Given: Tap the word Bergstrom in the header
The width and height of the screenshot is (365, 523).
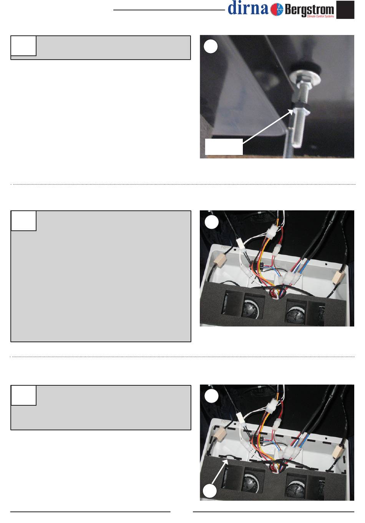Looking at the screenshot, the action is (309, 10).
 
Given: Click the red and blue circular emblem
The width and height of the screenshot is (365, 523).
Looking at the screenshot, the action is (277, 10).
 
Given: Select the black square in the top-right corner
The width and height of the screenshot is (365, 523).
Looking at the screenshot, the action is (345, 10).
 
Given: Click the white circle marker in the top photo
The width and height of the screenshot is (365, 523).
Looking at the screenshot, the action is (211, 47).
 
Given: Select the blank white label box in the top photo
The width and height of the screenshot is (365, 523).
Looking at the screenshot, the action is (224, 147).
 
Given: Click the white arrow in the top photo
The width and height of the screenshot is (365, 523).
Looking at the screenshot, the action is (268, 126).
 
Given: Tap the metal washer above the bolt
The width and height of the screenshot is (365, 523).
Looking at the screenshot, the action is (306, 77).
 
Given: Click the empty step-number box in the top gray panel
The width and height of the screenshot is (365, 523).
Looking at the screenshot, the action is (23, 46).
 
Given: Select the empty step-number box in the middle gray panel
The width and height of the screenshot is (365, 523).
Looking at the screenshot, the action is (23, 221).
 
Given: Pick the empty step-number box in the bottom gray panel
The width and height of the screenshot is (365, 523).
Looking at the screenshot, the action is (23, 395).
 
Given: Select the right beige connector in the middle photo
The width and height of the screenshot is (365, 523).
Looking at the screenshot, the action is (337, 277).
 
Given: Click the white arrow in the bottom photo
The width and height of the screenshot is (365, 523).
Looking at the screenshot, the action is (219, 471).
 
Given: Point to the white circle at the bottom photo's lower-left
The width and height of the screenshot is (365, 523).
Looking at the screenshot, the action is (209, 491).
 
